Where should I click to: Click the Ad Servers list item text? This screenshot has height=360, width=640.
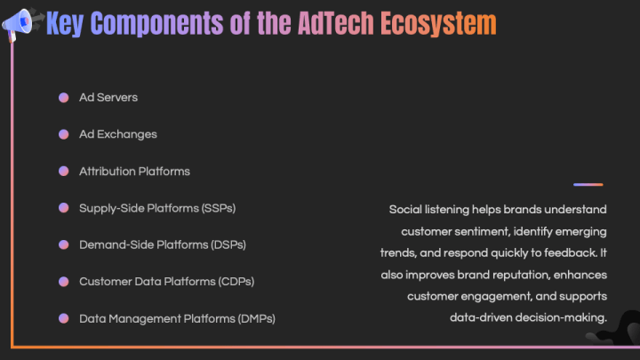click(x=108, y=97)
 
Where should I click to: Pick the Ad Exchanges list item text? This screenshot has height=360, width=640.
click(x=117, y=134)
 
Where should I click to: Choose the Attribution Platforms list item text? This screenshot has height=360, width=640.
click(x=134, y=171)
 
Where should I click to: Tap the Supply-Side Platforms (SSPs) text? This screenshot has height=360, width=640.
click(x=156, y=208)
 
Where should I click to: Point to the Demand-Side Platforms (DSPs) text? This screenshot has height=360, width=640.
click(x=162, y=244)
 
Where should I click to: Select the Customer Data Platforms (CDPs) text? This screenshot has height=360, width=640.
click(x=166, y=282)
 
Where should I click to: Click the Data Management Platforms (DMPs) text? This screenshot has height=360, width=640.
click(x=177, y=318)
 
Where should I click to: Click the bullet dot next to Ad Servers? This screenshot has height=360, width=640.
click(x=64, y=97)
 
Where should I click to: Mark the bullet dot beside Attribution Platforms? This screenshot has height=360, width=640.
click(x=64, y=171)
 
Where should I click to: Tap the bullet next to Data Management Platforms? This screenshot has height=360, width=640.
click(x=64, y=318)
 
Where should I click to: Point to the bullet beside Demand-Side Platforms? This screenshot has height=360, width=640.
click(x=64, y=244)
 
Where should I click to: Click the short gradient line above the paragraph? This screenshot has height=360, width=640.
click(x=588, y=185)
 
